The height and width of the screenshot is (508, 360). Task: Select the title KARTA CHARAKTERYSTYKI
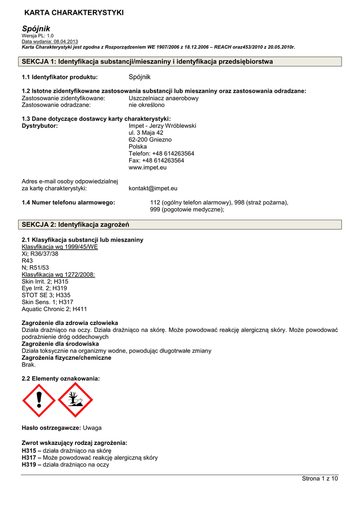pyautogui.click(x=74, y=12)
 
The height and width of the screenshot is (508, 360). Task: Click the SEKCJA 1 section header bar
pyautogui.click(x=181, y=62)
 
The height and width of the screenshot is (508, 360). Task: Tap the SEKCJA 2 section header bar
pyautogui.click(x=181, y=225)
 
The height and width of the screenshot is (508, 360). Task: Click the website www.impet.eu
pyautogui.click(x=147, y=168)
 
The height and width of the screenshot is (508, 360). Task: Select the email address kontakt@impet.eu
pyautogui.click(x=153, y=189)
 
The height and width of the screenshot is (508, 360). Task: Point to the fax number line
pyautogui.click(x=156, y=161)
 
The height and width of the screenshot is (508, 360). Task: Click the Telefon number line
pyautogui.click(x=161, y=154)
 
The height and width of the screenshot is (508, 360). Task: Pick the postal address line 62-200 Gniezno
pyautogui.click(x=150, y=140)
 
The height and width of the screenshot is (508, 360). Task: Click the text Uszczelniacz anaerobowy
pyautogui.click(x=163, y=98)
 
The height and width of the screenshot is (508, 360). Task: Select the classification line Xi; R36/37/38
pyautogui.click(x=40, y=254)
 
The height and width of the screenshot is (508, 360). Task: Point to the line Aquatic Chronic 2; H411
pyautogui.click(x=54, y=309)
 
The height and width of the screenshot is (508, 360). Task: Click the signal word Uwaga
pyautogui.click(x=92, y=428)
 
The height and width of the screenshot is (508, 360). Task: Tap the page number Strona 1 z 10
pyautogui.click(x=320, y=478)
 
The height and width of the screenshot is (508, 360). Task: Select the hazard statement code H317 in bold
pyautogui.click(x=29, y=458)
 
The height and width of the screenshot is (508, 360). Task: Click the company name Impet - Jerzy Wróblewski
pyautogui.click(x=162, y=126)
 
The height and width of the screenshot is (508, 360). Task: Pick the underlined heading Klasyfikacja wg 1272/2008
pyautogui.click(x=58, y=274)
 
